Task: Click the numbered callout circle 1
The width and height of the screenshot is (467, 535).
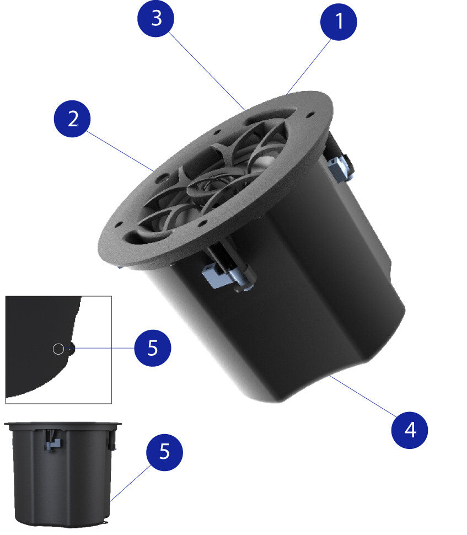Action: click(339, 22)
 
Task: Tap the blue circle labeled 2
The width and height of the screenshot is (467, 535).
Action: click(72, 119)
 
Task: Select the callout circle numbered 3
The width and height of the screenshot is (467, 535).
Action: click(156, 18)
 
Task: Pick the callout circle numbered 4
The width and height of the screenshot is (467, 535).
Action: click(409, 430)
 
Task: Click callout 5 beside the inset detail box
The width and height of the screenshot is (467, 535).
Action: click(153, 348)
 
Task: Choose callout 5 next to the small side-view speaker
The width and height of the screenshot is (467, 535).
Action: click(164, 452)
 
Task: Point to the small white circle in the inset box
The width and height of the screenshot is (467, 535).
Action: click(58, 349)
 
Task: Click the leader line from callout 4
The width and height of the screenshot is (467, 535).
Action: click(363, 396)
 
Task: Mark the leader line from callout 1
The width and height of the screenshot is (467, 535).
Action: click(309, 66)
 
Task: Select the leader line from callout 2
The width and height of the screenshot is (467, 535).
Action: click(119, 151)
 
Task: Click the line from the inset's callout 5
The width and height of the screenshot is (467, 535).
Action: click(104, 349)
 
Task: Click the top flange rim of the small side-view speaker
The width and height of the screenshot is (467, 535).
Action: click(63, 424)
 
